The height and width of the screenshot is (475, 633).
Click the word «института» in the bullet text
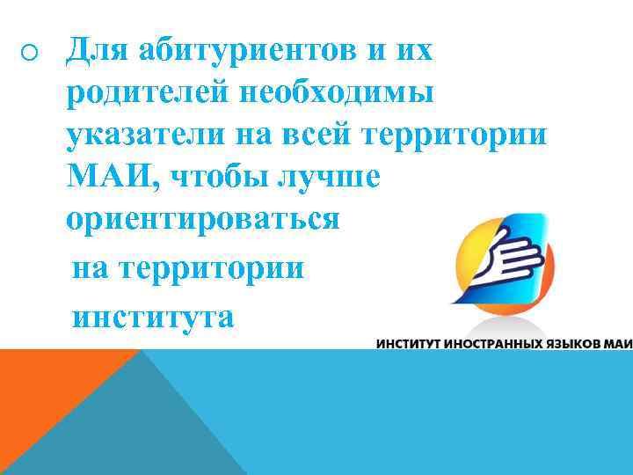pos(154,314)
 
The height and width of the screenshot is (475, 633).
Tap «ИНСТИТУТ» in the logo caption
pos(411,343)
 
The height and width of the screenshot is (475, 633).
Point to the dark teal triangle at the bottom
pos(132,422)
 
